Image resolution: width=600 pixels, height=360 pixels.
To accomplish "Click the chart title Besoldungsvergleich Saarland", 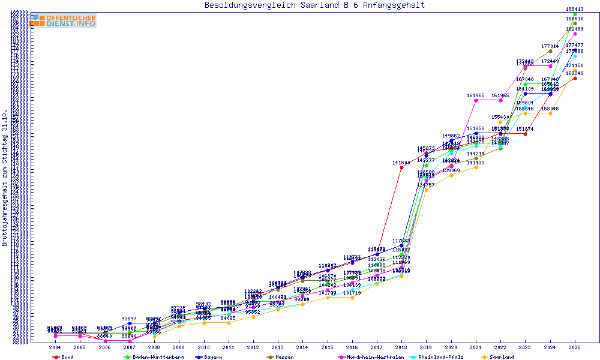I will (x=315, y=5).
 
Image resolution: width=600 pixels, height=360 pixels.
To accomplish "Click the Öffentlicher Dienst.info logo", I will (x=63, y=21).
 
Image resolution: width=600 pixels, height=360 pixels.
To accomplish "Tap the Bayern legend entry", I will (x=210, y=357).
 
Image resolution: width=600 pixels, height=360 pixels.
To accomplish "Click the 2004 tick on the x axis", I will (x=55, y=347).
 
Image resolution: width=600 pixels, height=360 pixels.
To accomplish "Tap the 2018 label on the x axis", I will (x=401, y=347).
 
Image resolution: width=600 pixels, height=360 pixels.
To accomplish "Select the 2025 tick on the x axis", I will (x=575, y=347).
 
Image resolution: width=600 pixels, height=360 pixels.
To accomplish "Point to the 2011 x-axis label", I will (x=229, y=347).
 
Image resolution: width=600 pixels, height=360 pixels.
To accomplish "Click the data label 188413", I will (x=575, y=9).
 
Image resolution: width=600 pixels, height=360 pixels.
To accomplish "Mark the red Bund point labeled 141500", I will (x=401, y=167).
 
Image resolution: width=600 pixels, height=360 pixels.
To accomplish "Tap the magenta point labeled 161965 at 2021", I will (x=476, y=100).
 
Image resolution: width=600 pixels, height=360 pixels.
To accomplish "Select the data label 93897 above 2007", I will (x=130, y=319).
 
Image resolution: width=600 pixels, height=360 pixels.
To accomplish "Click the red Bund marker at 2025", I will (x=575, y=78).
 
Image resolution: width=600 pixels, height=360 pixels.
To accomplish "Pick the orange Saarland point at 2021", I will (x=476, y=167).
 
